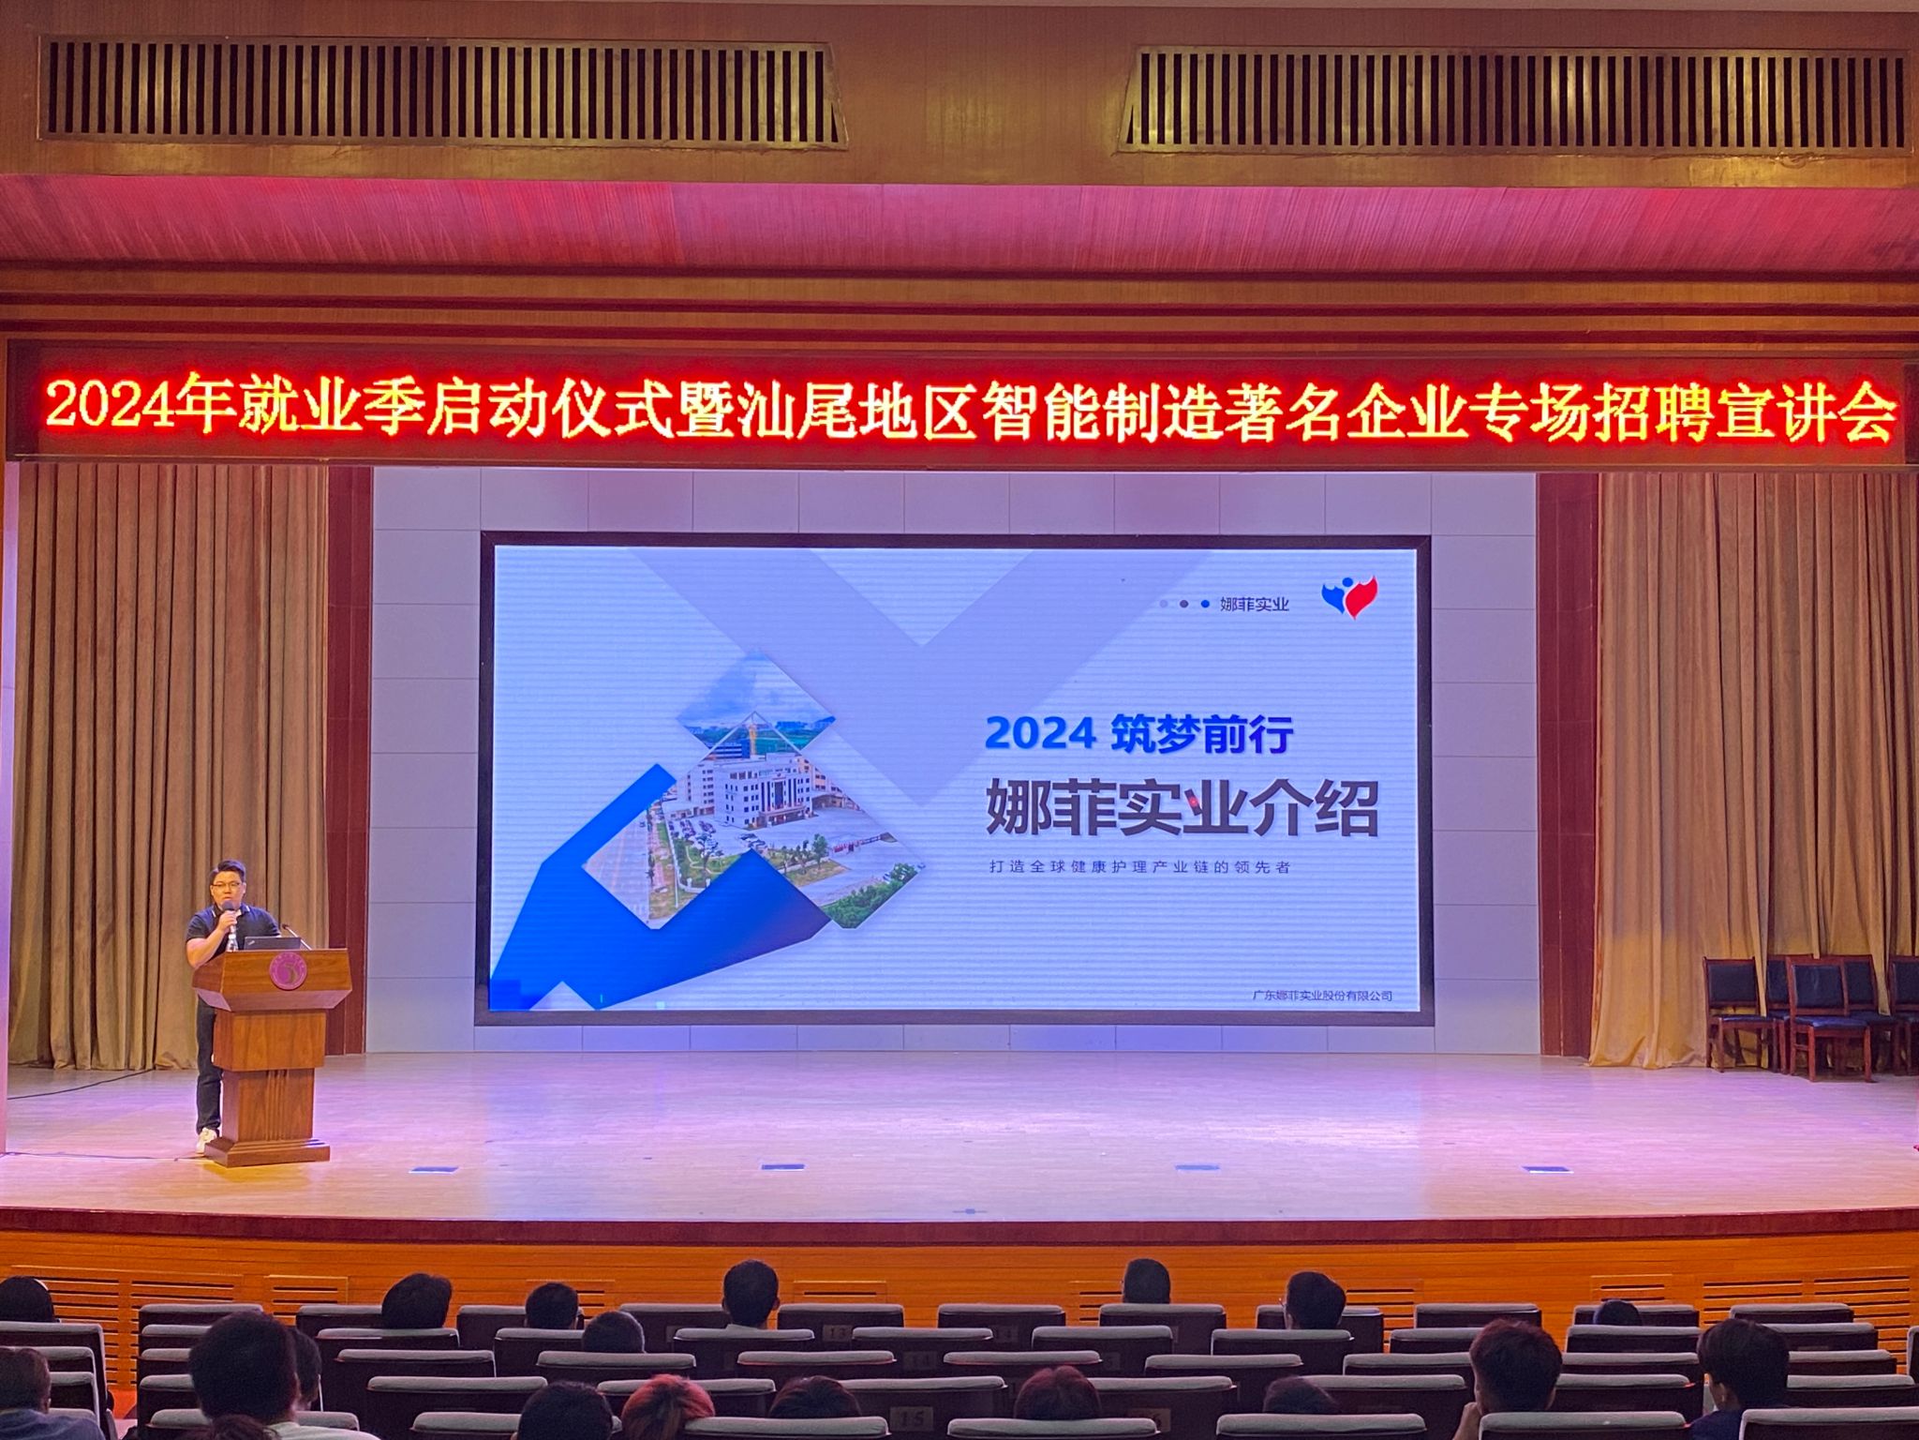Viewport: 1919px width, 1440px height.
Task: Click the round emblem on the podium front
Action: (x=287, y=971)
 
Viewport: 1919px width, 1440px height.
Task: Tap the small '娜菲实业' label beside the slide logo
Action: (x=1255, y=605)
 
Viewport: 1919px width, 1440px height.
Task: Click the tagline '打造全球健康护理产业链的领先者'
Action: (x=1139, y=866)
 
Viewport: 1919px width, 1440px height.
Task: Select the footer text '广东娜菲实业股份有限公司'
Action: (x=1322, y=996)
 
